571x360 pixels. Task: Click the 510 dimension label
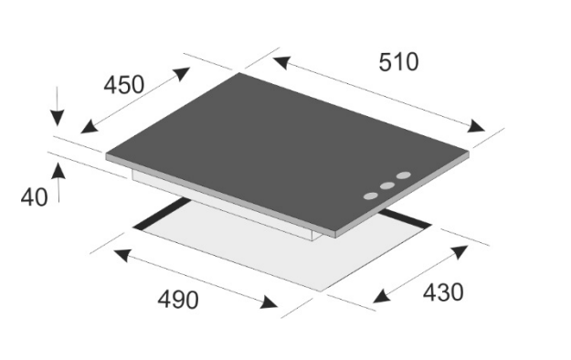tap(398, 62)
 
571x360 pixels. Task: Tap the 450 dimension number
tap(124, 85)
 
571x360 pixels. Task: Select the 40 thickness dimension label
tap(34, 197)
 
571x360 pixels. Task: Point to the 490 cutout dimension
tap(178, 300)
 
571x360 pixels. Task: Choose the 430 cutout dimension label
tap(443, 291)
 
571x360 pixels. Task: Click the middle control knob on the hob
tap(387, 185)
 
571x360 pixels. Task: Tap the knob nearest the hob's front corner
tap(371, 196)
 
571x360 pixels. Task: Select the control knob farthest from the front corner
tap(404, 175)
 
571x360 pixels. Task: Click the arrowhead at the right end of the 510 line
tap(476, 126)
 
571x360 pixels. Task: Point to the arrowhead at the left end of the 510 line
tap(281, 62)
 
